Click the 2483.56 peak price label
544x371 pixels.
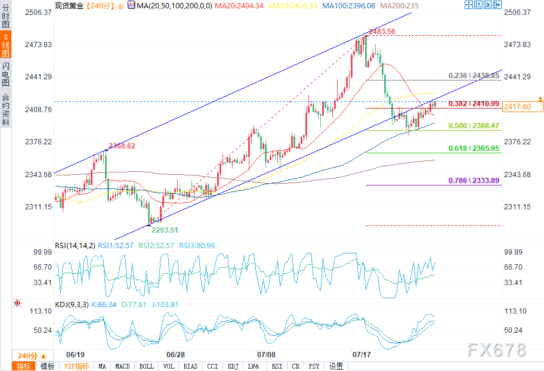tap(382, 32)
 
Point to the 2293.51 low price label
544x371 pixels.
tap(165, 230)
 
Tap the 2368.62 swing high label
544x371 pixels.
tap(122, 146)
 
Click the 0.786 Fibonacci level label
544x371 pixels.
tap(474, 181)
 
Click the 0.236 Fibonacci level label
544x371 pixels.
tap(474, 76)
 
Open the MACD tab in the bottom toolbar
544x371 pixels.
tap(123, 366)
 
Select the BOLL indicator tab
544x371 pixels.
tap(146, 366)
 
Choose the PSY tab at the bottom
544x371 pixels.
tap(314, 366)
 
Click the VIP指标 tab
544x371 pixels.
tap(76, 366)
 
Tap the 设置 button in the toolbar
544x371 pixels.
tap(336, 366)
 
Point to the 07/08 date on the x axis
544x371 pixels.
tap(264, 354)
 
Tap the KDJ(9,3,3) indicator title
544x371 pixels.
tap(71, 305)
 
